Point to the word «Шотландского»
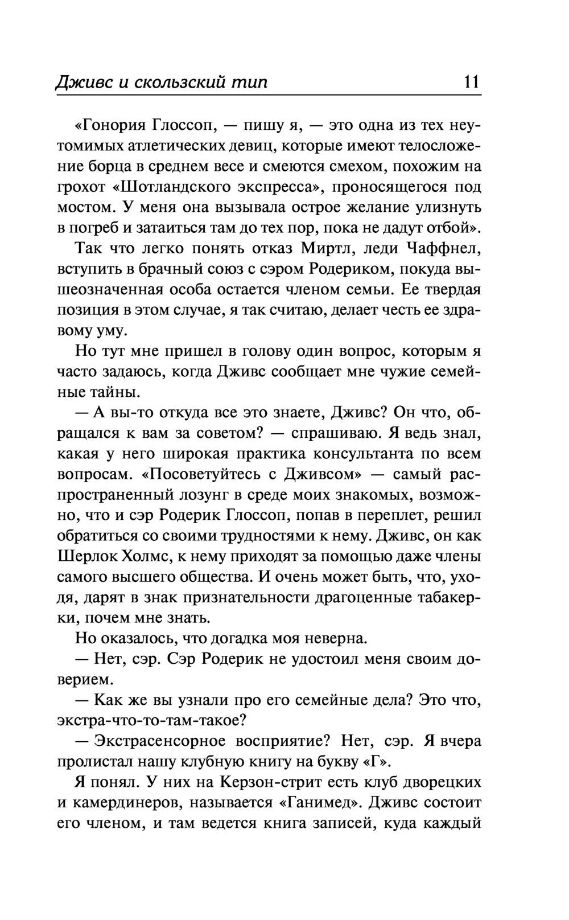[x=159, y=186]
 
